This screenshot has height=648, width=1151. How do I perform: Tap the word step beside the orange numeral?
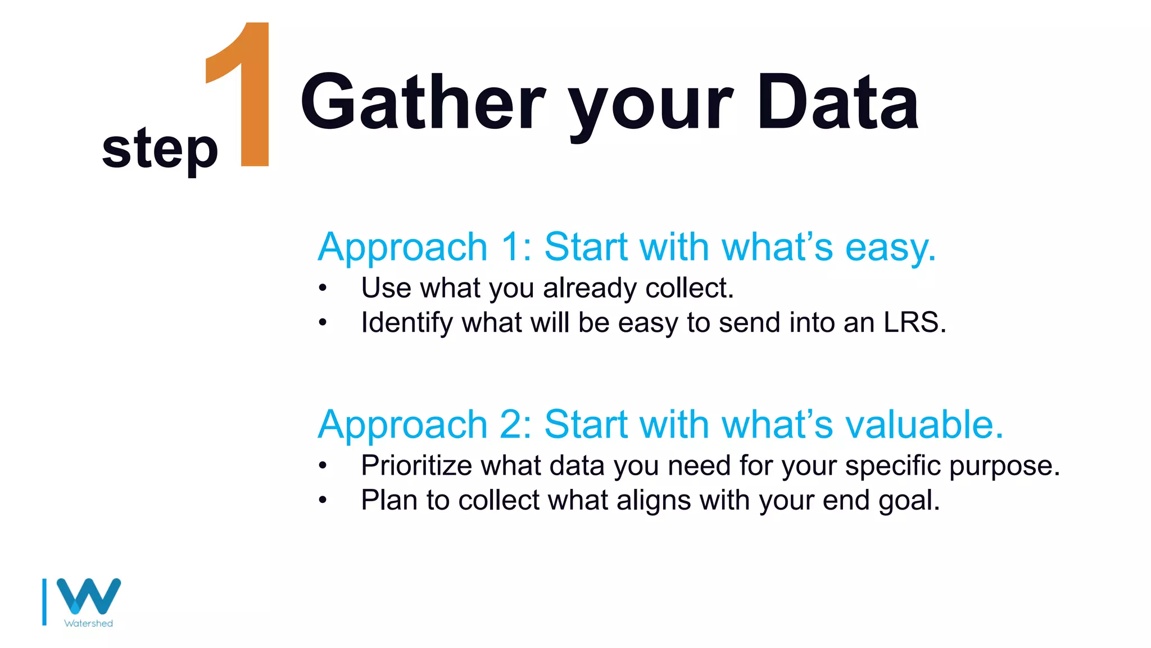point(160,148)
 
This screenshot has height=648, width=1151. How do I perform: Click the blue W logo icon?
point(89,596)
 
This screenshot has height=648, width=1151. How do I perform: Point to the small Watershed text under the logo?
point(89,623)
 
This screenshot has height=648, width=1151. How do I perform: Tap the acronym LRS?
point(914,323)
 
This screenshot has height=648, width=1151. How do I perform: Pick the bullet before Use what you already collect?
point(322,289)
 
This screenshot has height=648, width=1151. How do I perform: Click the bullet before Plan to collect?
point(322,500)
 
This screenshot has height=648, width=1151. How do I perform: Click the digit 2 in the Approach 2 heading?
point(511,424)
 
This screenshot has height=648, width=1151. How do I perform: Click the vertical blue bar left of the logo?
point(44,602)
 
